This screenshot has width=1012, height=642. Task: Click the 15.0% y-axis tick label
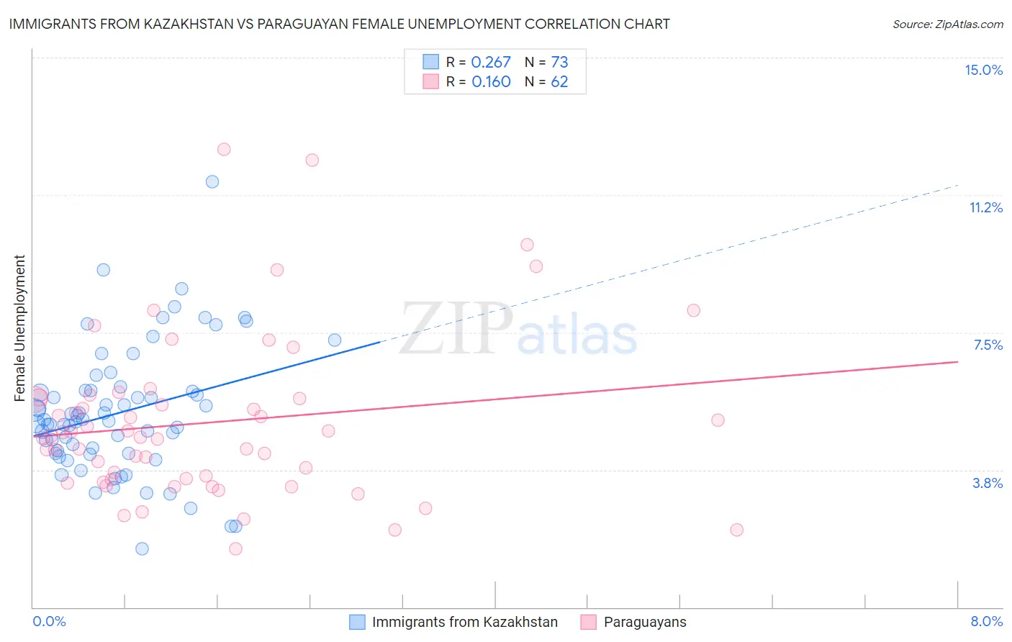point(983,70)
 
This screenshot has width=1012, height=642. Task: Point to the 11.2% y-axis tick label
point(985,207)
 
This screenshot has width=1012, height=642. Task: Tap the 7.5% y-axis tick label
point(988,345)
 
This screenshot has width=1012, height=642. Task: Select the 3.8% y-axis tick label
point(988,483)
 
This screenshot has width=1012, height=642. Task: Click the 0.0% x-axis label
point(49,621)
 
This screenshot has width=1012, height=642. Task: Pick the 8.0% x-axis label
point(986,621)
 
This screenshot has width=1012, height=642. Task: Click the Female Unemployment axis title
point(19,327)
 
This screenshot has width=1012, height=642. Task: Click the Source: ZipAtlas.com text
point(947,24)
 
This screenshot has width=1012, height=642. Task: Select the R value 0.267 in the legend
point(491,63)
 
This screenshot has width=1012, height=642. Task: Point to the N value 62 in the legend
point(559,82)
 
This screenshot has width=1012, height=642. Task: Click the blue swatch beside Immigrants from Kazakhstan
point(357,622)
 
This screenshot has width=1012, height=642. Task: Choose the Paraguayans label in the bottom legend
point(645,622)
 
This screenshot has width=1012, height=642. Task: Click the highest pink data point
point(224,149)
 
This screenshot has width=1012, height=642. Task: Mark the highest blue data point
point(212,181)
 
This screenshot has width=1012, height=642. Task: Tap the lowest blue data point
point(142,548)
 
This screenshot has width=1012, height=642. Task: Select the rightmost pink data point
point(736,530)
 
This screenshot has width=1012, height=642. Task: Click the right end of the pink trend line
point(958,361)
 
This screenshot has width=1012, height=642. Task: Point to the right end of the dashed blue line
point(958,185)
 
